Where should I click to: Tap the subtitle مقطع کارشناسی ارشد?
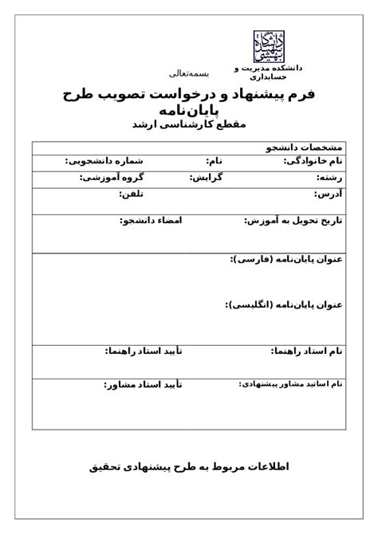coord(189,125)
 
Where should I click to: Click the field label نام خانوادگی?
coord(313,161)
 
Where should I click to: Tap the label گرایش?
coord(206,177)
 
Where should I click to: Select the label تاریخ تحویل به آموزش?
coord(292,220)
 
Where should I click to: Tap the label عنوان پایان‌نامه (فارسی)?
coord(285,260)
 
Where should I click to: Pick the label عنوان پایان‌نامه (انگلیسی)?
coord(283,304)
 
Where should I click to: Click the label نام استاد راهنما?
coord(306,351)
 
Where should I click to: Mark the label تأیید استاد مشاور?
coord(143,385)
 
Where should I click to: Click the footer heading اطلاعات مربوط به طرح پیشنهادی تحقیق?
coord(189,467)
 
